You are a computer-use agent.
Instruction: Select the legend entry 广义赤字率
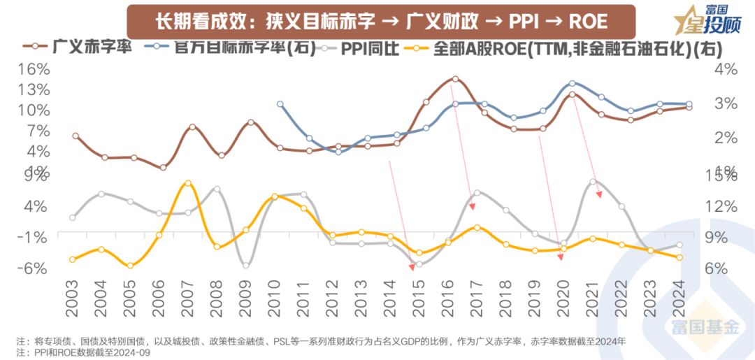[78, 48]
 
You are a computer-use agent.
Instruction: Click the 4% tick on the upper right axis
[726, 69]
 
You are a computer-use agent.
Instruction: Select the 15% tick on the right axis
[726, 176]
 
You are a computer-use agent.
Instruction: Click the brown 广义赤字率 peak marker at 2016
[454, 79]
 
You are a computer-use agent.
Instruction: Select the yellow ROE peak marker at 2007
[187, 183]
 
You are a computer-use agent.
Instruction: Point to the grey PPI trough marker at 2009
[245, 265]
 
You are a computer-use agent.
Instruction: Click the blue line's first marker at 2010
[280, 104]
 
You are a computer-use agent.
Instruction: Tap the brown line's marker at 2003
[75, 136]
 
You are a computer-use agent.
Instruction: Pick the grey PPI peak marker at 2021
[593, 182]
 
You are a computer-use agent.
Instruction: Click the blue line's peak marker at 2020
[572, 83]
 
